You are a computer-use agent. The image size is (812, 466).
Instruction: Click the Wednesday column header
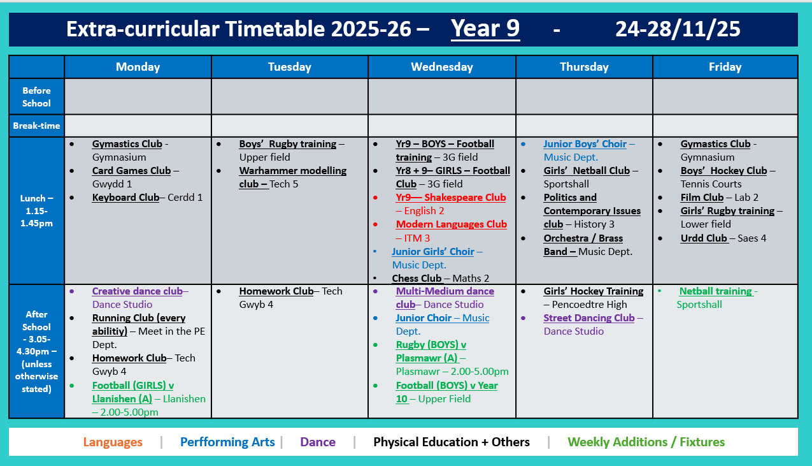pos(441,67)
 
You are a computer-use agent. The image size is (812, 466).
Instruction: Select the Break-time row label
pos(36,126)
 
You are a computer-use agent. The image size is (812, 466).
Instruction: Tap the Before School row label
pos(36,97)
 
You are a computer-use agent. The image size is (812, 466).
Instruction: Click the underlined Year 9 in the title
pos(485,29)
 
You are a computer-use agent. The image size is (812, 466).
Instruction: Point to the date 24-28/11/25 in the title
pos(678,29)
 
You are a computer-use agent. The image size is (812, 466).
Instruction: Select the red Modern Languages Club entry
pos(451,224)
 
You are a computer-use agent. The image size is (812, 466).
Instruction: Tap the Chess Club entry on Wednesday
pos(417,278)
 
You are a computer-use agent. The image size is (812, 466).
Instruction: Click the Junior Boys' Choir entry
pos(585,144)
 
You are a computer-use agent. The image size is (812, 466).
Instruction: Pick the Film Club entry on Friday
pos(702,198)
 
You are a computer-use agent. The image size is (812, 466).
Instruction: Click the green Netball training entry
pos(715,291)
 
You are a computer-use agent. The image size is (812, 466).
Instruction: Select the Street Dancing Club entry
pos(588,318)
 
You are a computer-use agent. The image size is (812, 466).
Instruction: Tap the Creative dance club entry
pos(137,291)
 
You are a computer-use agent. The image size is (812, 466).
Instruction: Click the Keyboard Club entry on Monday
pos(125,198)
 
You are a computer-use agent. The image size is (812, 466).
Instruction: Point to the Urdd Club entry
pos(703,238)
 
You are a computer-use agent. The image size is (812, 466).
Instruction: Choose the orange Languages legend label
pos(113,442)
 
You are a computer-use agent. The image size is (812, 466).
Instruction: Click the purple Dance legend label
pos(317,442)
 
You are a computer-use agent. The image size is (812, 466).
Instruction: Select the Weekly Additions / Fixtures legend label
pos(646,442)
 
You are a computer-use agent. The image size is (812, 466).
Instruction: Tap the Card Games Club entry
pos(131,171)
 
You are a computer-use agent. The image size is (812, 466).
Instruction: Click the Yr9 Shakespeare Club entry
pos(450,198)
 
